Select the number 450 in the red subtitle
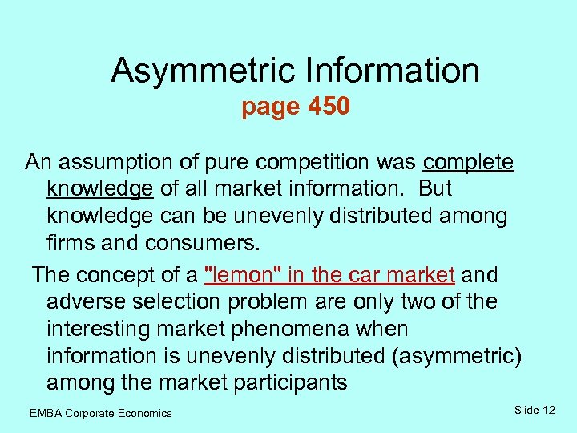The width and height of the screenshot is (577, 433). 329,107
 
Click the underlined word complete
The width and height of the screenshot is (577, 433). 468,163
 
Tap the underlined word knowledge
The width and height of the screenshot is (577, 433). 100,190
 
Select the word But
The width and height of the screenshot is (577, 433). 435,189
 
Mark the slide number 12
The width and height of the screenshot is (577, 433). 548,411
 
